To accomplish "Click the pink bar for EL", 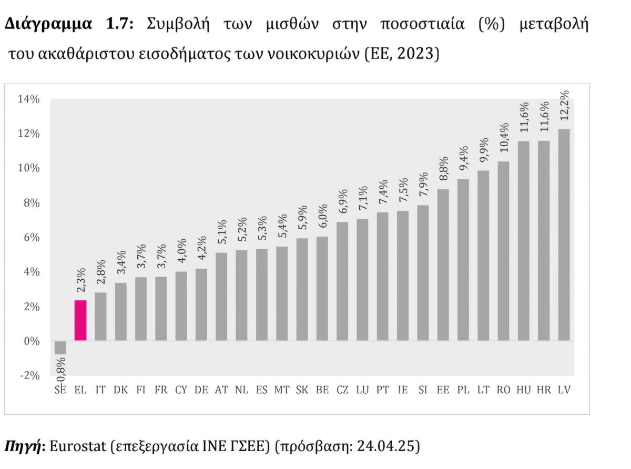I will click(x=80, y=320).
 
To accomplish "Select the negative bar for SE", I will click(x=60, y=348).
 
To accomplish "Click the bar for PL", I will click(x=463, y=260).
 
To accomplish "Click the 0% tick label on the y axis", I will click(x=30, y=341).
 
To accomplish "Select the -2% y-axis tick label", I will click(x=29, y=375).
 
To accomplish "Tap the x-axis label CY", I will click(x=181, y=390).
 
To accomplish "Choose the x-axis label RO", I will click(x=503, y=390).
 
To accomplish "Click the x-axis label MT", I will click(x=282, y=390).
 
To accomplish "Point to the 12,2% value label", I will click(x=564, y=107).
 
